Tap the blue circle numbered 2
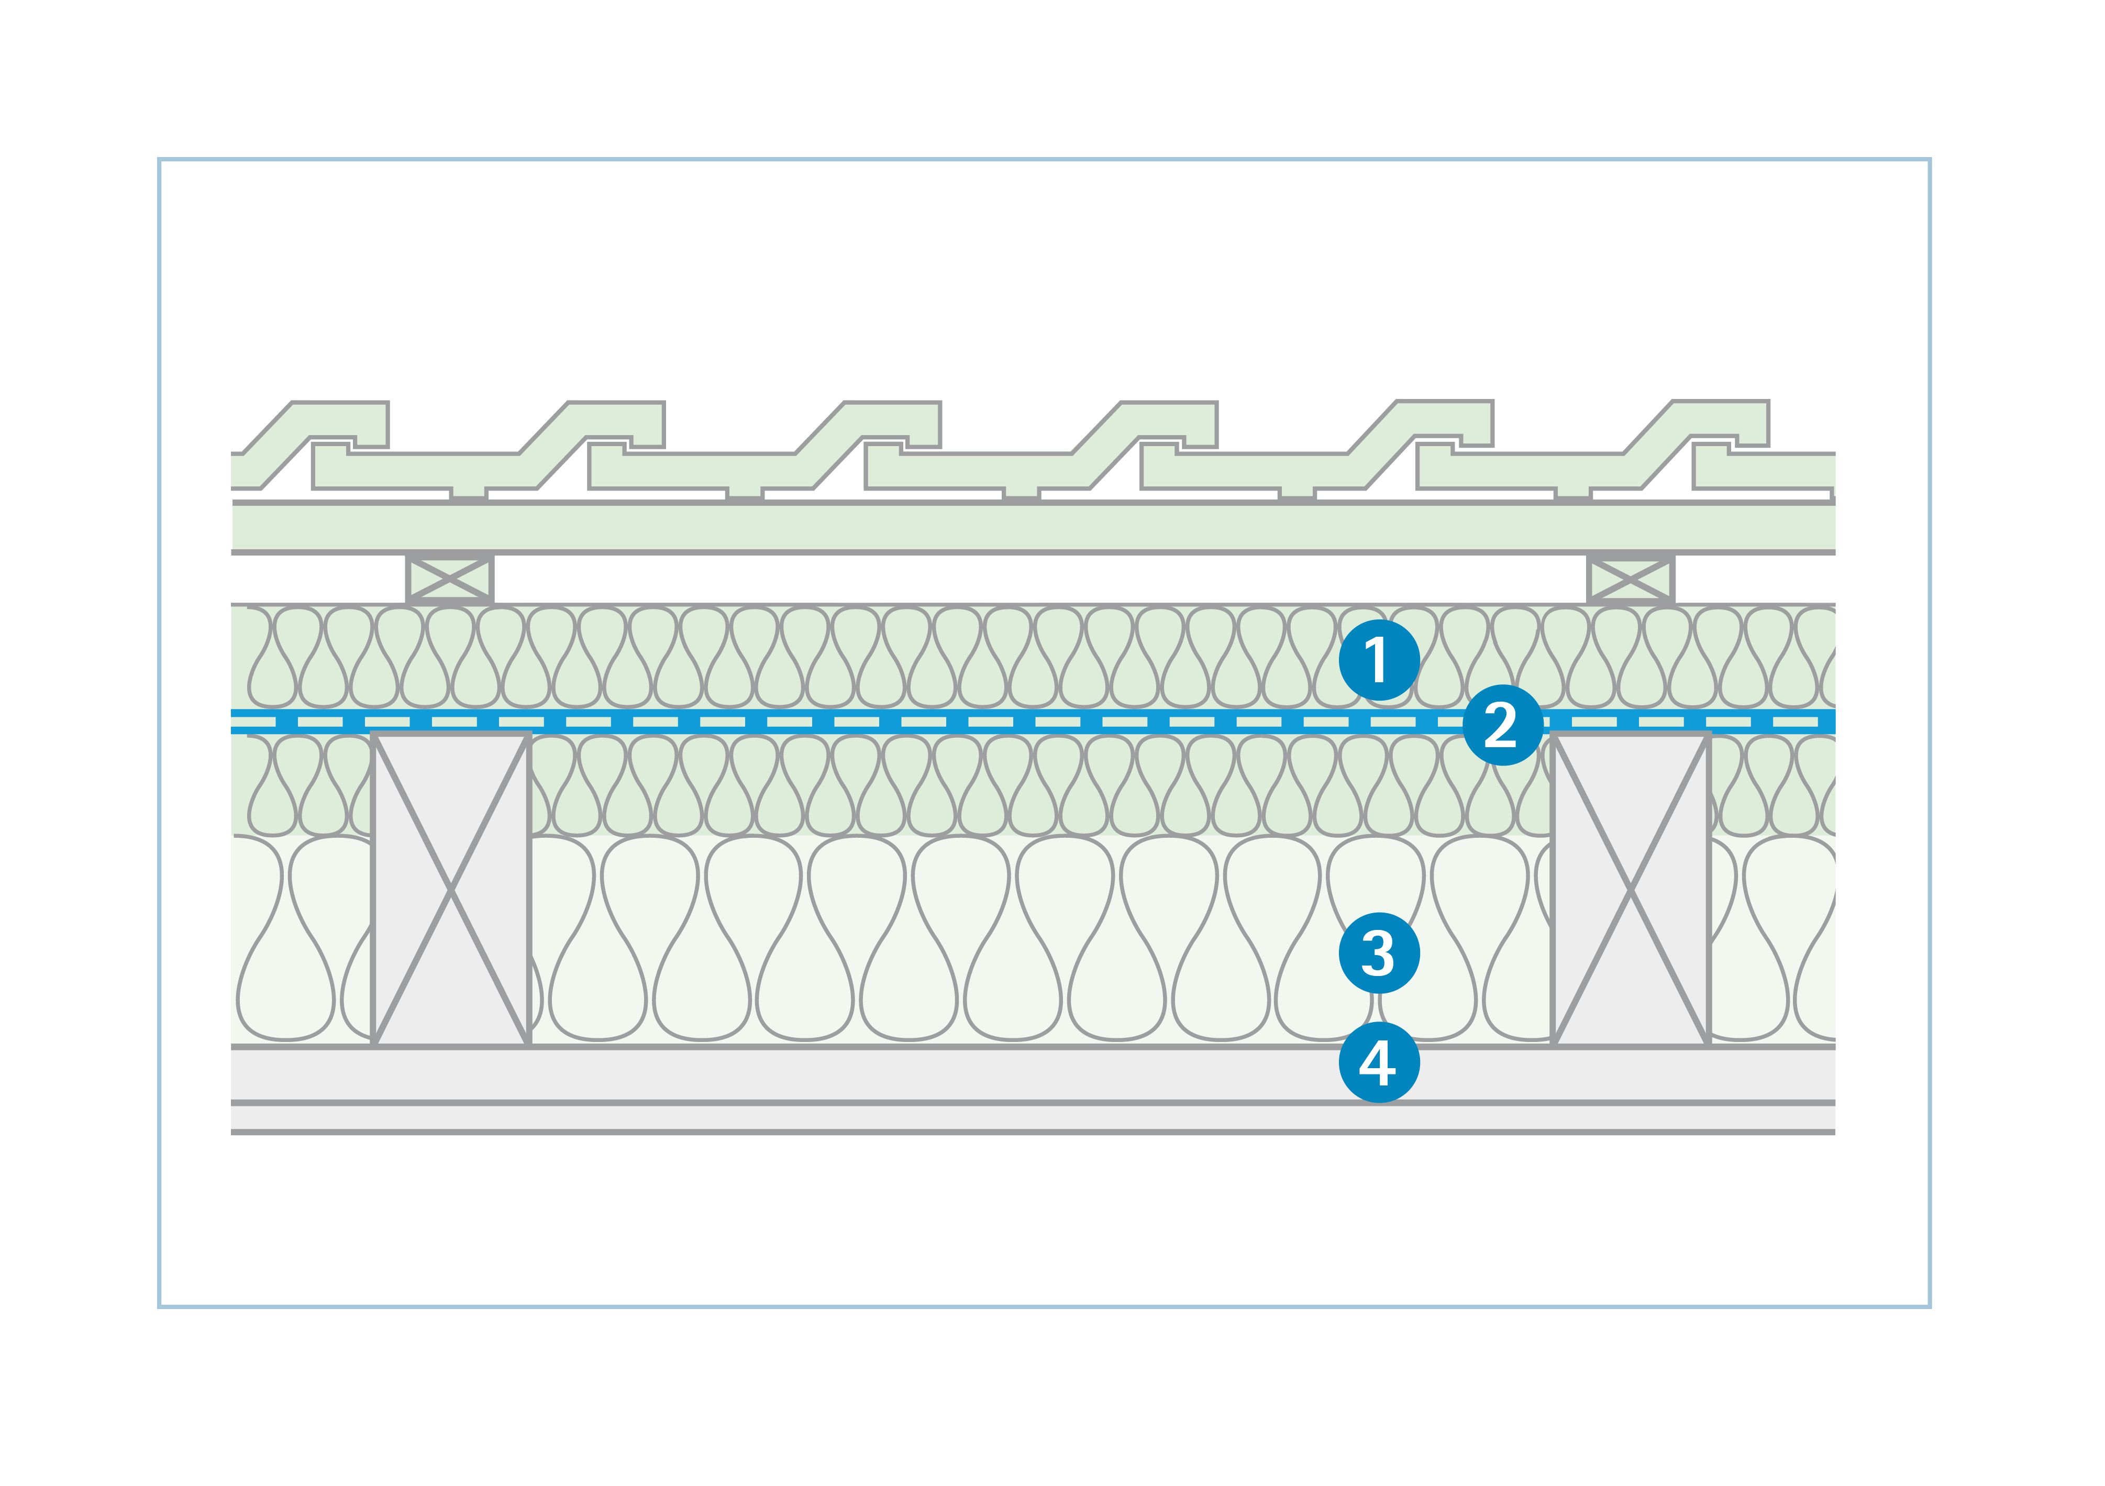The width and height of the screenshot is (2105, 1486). coord(1501,725)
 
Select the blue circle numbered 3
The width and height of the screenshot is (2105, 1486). coord(1378,953)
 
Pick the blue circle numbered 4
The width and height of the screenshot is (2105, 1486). coord(1378,1062)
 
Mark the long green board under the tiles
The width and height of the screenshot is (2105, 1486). coord(1009,527)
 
